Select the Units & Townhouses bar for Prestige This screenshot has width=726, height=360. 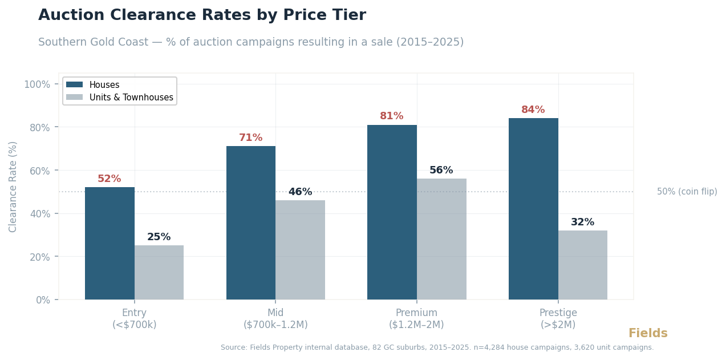(x=582, y=265)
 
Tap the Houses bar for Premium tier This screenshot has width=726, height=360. (x=392, y=212)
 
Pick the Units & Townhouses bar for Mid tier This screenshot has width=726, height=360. (x=300, y=249)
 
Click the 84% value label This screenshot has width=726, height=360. (x=533, y=110)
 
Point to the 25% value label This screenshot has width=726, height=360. (x=159, y=237)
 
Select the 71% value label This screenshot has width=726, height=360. (x=250, y=138)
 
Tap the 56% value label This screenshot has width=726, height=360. (x=441, y=171)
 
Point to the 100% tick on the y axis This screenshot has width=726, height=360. (x=37, y=84)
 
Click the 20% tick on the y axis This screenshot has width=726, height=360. (x=39, y=257)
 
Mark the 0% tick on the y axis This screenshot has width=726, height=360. (x=43, y=300)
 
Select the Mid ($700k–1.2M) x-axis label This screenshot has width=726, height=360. (x=275, y=319)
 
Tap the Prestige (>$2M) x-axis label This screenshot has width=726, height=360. (x=558, y=319)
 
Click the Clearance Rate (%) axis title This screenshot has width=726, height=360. (x=13, y=187)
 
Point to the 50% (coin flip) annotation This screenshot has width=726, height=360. (x=687, y=192)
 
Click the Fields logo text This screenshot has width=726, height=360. (x=648, y=334)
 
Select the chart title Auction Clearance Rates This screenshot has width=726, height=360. (x=202, y=15)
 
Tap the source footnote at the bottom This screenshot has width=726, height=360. (x=437, y=347)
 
